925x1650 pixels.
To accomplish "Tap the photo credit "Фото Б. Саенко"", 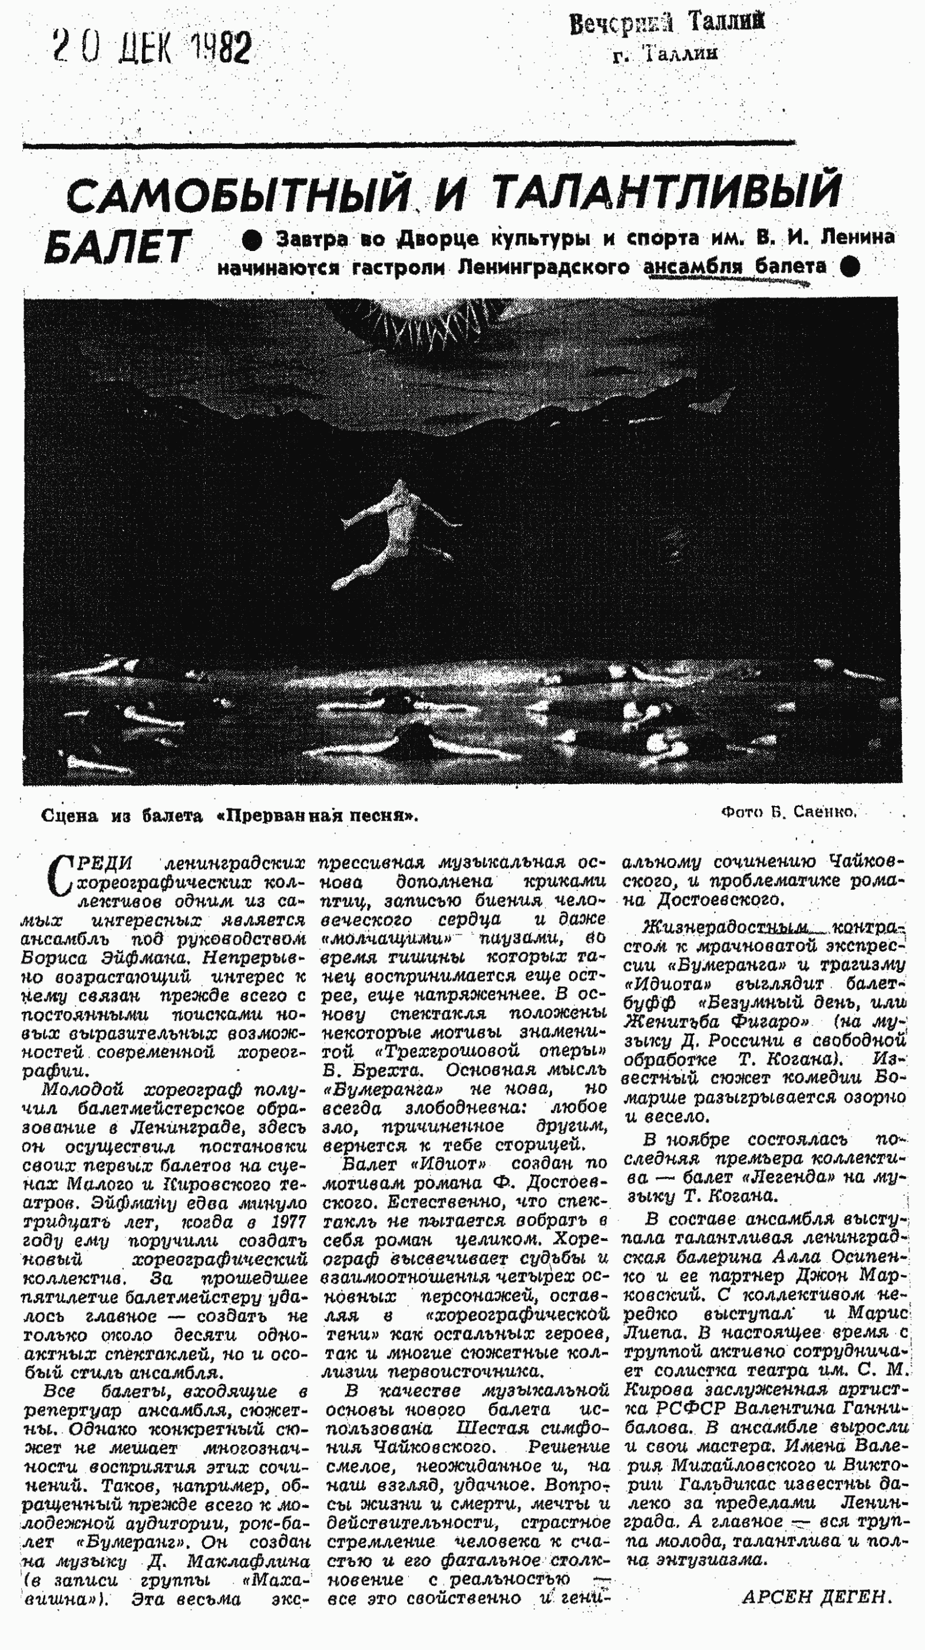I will [788, 811].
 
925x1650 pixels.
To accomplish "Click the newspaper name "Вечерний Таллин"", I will [666, 24].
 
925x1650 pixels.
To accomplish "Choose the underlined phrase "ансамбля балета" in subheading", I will [734, 266].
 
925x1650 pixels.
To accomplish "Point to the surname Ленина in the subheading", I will [857, 237].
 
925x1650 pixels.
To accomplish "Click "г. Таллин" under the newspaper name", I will [665, 54].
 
